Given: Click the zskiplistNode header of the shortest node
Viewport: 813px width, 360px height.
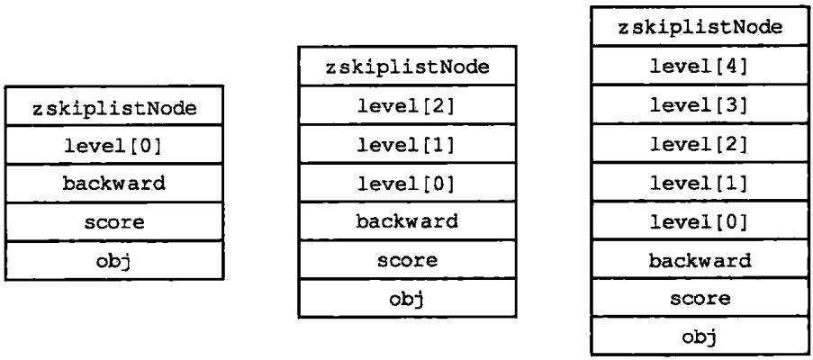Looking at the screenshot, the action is (114, 109).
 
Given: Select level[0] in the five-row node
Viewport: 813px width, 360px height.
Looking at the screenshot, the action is (114, 146).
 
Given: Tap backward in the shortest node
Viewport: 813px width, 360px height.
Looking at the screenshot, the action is (114, 184).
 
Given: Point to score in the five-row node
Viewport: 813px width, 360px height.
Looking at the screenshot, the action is (114, 222).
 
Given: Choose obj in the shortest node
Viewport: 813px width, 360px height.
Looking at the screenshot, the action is (114, 261).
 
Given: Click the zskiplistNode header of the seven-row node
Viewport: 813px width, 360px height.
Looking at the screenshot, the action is (407, 67).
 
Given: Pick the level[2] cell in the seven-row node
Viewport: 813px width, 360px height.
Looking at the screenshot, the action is (407, 105).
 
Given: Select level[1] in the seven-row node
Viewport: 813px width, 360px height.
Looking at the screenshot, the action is (407, 145).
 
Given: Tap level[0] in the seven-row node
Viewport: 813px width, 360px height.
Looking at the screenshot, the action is (407, 184).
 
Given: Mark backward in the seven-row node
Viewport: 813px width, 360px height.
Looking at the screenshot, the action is (407, 221).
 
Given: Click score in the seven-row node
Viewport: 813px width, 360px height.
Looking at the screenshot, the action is (407, 259).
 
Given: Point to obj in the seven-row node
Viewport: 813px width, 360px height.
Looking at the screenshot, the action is (407, 299).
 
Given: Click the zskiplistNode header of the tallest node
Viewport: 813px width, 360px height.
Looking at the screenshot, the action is (700, 28).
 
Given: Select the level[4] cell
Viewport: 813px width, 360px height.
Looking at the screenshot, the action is (700, 67).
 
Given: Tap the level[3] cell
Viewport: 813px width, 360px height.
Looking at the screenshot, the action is (700, 105).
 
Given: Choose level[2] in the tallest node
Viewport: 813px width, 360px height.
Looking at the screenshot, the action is (700, 145).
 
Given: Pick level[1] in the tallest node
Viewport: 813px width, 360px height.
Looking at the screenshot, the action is (700, 184).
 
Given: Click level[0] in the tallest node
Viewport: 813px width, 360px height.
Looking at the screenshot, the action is (700, 221).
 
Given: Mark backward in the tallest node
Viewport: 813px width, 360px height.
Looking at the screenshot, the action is (700, 260).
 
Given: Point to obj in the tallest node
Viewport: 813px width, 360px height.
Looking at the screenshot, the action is (700, 337).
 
